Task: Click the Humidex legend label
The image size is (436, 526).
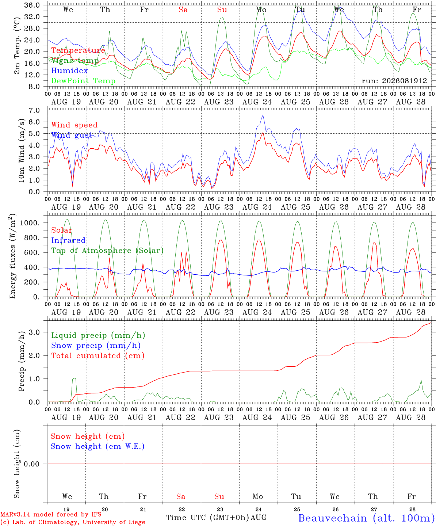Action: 69,70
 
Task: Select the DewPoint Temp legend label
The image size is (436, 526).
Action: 83,81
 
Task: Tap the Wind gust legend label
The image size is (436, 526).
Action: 72,136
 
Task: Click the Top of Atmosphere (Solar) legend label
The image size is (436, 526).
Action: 108,251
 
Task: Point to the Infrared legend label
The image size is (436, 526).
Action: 68,240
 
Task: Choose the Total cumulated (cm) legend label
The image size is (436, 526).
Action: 98,356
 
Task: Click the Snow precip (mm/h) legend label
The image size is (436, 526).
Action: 96,346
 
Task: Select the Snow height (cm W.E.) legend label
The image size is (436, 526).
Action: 97,446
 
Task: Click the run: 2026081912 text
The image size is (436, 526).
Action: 394,81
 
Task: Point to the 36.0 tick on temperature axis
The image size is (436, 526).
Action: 32,5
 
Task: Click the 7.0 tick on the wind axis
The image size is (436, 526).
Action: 34,110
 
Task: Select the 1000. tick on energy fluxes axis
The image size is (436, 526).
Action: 30,223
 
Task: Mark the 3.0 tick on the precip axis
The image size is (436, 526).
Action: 34,332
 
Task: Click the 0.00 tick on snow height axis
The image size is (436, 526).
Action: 31,464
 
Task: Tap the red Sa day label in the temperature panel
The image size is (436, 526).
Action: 183,10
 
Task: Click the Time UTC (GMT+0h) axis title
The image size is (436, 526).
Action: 208,518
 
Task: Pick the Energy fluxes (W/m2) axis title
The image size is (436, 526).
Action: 12,256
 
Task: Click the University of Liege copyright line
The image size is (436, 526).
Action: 73,522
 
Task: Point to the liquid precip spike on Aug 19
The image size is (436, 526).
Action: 74,378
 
